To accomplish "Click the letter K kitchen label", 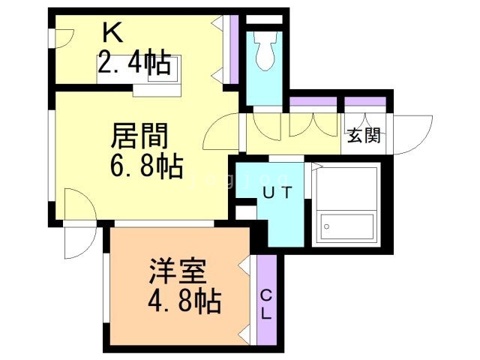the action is pos(113,33).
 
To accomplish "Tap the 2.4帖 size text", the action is pos(134,62).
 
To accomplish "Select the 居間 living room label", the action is pos(139,136).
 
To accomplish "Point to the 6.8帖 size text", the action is pos(147,166).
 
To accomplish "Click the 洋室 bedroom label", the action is pos(177,271).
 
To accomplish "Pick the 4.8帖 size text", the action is pos(184,301).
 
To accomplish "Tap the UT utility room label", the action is pos(277,193).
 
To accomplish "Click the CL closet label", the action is pos(267,305).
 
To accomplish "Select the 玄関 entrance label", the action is pos(364,135).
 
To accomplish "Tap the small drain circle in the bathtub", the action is pos(327,226).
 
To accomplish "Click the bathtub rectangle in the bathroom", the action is pos(346,226).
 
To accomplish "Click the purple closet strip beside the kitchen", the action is pos(235,49).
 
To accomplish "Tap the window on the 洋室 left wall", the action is pos(106,288).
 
